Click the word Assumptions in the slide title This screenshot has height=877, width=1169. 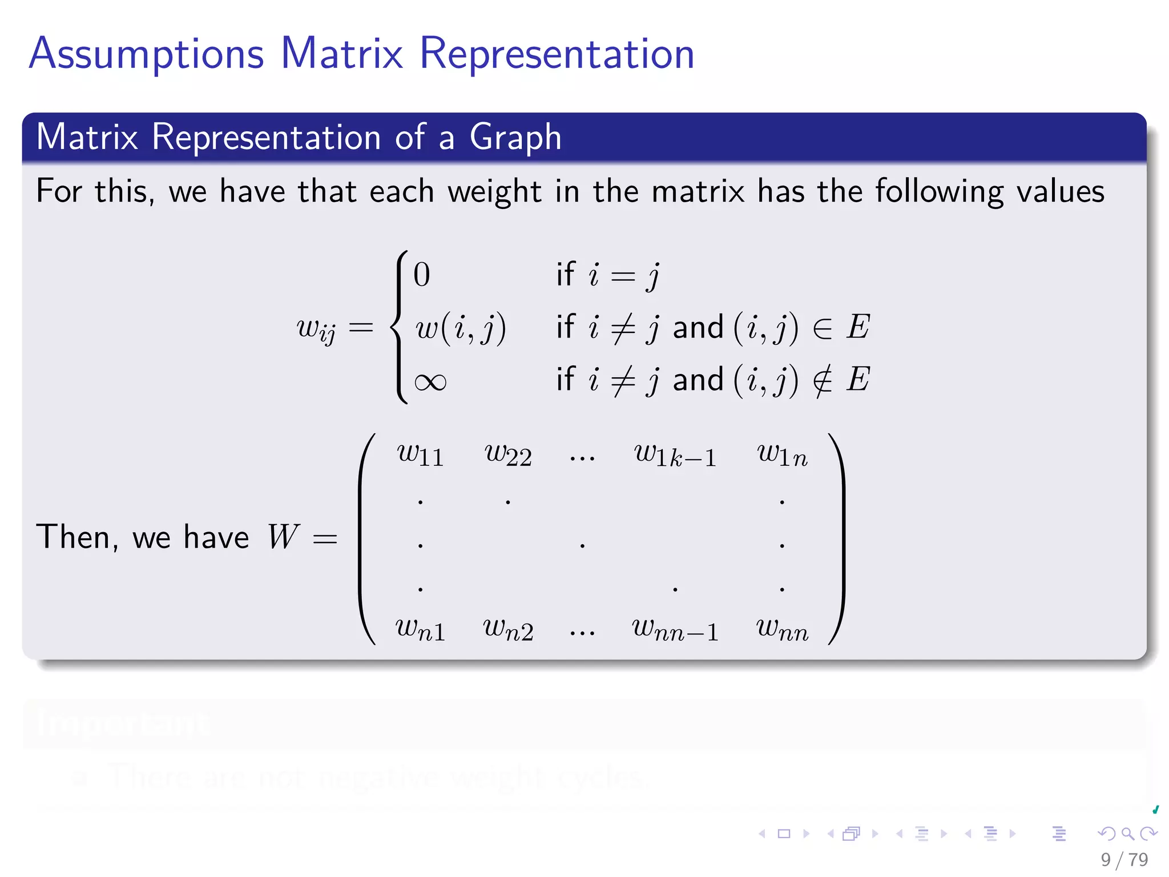(x=146, y=54)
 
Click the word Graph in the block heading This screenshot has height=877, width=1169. (x=515, y=138)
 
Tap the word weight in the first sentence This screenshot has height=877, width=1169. (x=494, y=192)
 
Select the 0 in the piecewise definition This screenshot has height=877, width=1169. (x=421, y=275)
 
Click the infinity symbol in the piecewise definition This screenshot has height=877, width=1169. (x=430, y=382)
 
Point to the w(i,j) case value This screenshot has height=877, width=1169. (x=460, y=328)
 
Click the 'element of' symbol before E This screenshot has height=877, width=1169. (x=822, y=328)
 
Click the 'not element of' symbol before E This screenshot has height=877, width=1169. (x=822, y=381)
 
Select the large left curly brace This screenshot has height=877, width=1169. (x=400, y=327)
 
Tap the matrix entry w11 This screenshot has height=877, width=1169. (x=420, y=455)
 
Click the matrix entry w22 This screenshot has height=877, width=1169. (x=507, y=455)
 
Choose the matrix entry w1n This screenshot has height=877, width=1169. (x=782, y=455)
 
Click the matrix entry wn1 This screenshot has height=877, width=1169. (x=420, y=630)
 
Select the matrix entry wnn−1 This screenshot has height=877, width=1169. (x=675, y=630)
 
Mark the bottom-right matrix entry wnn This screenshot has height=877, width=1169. (x=782, y=630)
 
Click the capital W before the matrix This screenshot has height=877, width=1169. (x=283, y=537)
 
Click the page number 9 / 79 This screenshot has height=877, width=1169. (x=1124, y=859)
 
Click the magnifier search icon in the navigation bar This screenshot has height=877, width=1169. (x=1127, y=834)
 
